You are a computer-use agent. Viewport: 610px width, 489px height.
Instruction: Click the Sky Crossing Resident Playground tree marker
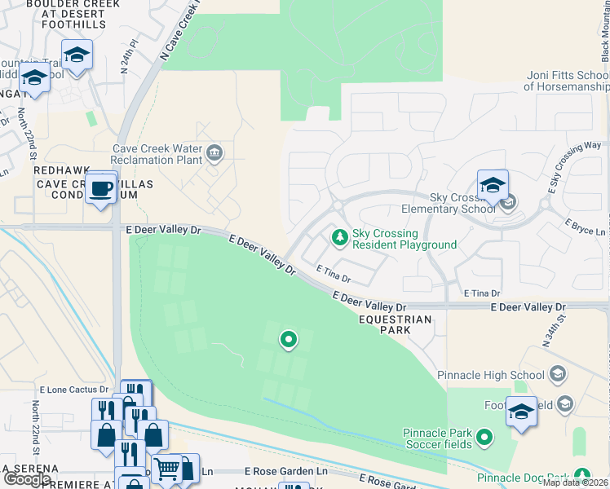pyautogui.click(x=339, y=237)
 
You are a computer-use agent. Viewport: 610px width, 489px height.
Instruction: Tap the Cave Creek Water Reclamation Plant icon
pyautogui.click(x=214, y=152)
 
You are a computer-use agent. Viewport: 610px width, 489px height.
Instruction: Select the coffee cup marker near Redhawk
pyautogui.click(x=101, y=189)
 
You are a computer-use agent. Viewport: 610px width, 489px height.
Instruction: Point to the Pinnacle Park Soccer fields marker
pyautogui.click(x=484, y=438)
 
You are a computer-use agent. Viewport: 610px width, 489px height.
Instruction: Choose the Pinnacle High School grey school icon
pyautogui.click(x=558, y=374)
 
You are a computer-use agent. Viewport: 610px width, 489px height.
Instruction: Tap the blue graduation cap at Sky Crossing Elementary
pyautogui.click(x=493, y=187)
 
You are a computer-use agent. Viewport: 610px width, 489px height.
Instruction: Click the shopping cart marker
pyautogui.click(x=167, y=469)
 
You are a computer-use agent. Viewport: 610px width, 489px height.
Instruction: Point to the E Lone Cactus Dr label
pyautogui.click(x=70, y=390)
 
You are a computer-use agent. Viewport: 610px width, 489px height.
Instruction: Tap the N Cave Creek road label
pyautogui.click(x=180, y=30)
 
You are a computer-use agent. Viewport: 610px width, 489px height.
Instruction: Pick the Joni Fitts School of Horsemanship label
pyautogui.click(x=567, y=81)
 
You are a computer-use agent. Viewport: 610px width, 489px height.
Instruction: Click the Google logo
pyautogui.click(x=27, y=479)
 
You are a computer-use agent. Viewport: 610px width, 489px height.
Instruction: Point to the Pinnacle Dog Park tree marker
pyautogui.click(x=581, y=475)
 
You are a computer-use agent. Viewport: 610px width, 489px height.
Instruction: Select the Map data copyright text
pyautogui.click(x=575, y=482)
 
